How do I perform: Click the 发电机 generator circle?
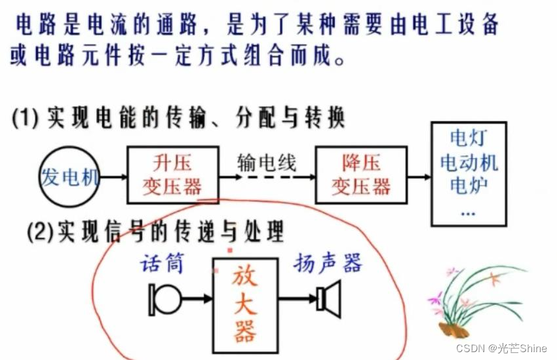[x=69, y=176]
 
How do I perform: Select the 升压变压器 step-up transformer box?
[x=174, y=174]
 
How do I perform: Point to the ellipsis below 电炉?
[x=468, y=211]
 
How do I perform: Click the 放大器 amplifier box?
[x=245, y=303]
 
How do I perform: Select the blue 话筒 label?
[x=162, y=264]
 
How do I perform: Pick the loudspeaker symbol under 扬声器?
[x=329, y=298]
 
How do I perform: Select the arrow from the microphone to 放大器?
[x=197, y=299]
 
